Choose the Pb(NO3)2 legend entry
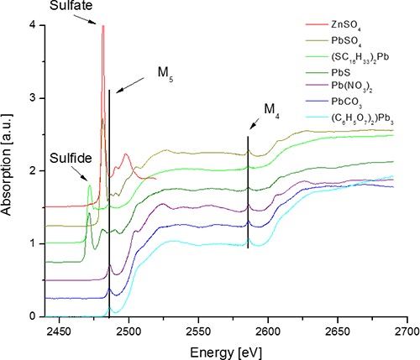click(x=353, y=96)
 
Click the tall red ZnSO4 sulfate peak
click(x=102, y=28)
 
